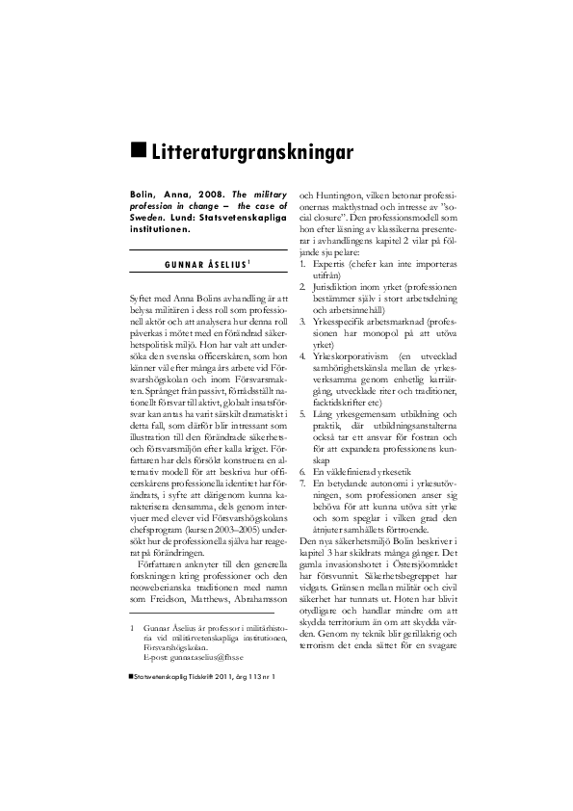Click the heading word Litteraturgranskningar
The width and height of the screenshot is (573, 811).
[252, 152]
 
